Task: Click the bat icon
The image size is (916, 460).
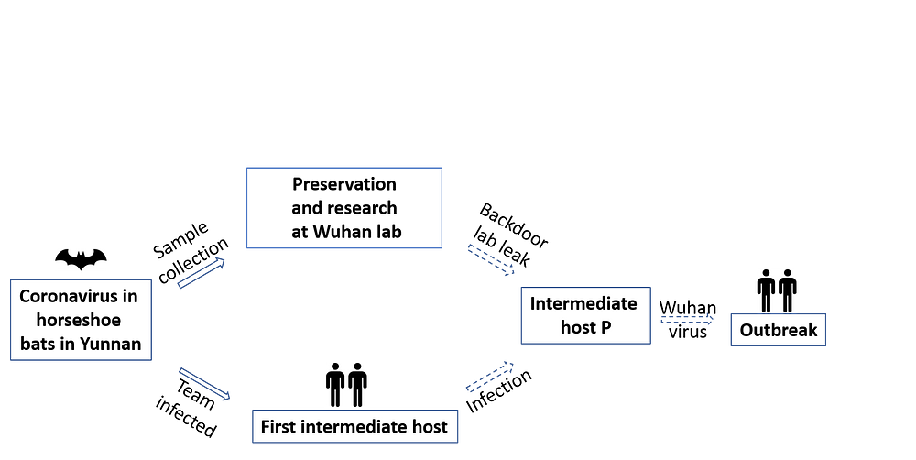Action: click(x=82, y=260)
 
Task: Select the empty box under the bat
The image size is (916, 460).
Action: click(x=81, y=320)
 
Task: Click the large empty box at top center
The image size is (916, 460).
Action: click(x=344, y=208)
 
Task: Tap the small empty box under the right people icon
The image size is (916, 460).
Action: click(x=779, y=330)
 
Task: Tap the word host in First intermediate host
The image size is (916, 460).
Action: click(x=430, y=426)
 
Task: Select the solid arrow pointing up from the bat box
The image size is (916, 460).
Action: click(x=200, y=274)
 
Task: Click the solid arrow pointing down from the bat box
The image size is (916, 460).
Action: click(x=203, y=383)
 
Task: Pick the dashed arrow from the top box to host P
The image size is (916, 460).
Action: click(x=491, y=258)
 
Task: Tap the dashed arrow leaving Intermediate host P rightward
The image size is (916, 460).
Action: click(x=686, y=320)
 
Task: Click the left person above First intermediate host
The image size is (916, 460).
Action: click(x=335, y=384)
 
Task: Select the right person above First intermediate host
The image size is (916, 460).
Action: click(x=357, y=384)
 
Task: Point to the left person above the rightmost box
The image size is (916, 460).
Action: click(x=766, y=290)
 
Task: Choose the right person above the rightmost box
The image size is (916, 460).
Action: click(x=787, y=290)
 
